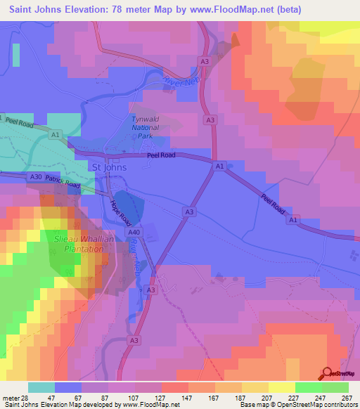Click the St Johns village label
pyautogui.click(x=108, y=167)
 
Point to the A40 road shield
pyautogui.click(x=134, y=232)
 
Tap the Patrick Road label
pyautogui.click(x=64, y=183)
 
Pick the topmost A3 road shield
pyautogui.click(x=205, y=62)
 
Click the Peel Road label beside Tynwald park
pyautogui.click(x=160, y=157)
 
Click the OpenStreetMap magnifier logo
pyautogui.click(x=326, y=372)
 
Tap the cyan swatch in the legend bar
pyautogui.click(x=41, y=387)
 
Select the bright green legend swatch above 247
pyautogui.click(x=308, y=387)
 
